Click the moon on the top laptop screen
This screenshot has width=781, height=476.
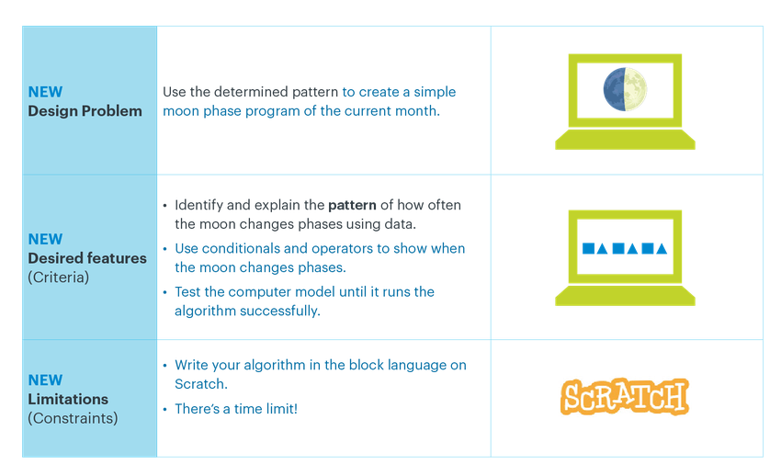pos(625,89)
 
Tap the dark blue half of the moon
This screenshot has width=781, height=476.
pos(614,89)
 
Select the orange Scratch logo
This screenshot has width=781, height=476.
pos(625,397)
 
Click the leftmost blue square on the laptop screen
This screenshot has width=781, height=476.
pos(588,248)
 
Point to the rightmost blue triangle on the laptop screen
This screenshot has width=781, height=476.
pos(662,248)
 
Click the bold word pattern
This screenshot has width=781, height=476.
pos(352,206)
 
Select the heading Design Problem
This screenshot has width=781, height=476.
pos(85,110)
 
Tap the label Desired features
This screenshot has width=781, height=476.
pos(87,258)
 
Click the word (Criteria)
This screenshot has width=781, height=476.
pos(58,278)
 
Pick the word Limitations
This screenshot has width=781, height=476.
pos(68,399)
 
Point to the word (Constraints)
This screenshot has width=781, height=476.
pos(73,418)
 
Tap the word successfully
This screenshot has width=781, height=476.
pos(280,312)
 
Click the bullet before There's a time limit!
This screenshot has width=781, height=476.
pos(164,409)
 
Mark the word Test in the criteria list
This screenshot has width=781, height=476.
pos(187,292)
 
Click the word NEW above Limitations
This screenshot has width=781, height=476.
pos(45,380)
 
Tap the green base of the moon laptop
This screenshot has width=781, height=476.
pos(625,140)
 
